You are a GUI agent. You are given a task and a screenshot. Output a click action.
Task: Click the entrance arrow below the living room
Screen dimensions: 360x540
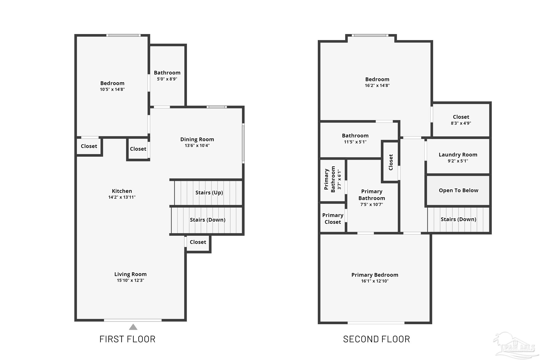click(133, 327)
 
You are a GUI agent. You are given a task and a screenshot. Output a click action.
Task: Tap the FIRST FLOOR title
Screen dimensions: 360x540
click(127, 339)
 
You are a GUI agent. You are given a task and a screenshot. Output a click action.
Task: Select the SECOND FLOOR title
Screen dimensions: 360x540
click(377, 339)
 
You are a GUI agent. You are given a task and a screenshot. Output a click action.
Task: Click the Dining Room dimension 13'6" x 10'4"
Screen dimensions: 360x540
click(197, 146)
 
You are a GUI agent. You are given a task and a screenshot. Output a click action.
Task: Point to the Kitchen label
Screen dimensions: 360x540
click(122, 191)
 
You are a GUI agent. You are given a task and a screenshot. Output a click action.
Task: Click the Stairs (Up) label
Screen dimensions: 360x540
click(209, 193)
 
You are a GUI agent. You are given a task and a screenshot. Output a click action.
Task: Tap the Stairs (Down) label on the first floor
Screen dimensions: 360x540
click(208, 220)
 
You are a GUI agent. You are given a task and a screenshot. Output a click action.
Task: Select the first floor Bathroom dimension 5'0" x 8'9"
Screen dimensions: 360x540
click(167, 79)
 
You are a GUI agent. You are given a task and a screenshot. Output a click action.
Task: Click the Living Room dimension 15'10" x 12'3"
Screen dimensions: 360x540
click(130, 280)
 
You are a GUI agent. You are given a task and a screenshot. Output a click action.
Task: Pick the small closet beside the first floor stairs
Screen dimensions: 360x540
click(198, 242)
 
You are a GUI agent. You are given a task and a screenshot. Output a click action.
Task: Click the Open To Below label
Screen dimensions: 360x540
click(458, 190)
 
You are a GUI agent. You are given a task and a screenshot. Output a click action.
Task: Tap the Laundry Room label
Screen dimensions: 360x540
click(458, 155)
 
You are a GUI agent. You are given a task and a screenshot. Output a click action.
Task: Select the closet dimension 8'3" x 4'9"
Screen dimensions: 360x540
click(461, 123)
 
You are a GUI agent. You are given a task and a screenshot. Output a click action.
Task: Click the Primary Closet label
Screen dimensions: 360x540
click(332, 219)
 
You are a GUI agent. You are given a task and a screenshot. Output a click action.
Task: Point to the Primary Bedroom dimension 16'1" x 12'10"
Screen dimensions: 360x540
click(375, 281)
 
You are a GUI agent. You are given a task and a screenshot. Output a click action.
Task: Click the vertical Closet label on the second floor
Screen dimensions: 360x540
click(391, 162)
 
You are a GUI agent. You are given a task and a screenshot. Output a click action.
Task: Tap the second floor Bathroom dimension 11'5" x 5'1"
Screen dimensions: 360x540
click(355, 142)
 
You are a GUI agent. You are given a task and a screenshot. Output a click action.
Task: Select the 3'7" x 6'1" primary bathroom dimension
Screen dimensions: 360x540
click(339, 180)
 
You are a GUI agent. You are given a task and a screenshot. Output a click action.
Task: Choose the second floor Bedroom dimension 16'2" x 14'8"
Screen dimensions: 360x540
click(377, 85)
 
